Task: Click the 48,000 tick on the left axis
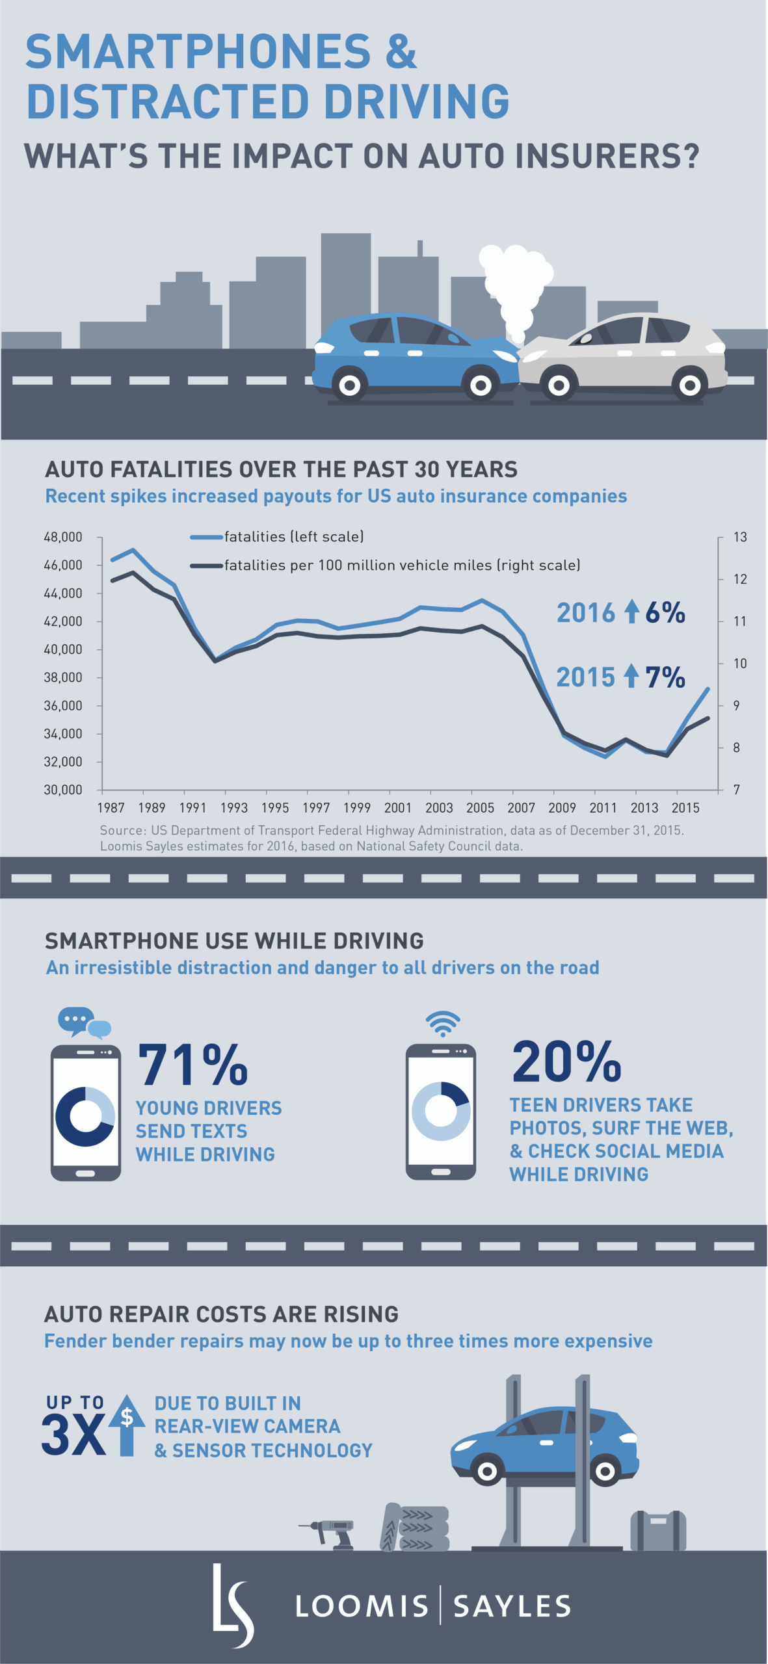(x=63, y=537)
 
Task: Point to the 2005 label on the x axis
(x=480, y=807)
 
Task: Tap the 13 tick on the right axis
(x=739, y=537)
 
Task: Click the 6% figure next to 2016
(x=665, y=612)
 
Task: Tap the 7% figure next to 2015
(x=665, y=677)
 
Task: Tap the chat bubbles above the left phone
(x=84, y=1022)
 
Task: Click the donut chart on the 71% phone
(x=85, y=1117)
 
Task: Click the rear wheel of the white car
(x=689, y=385)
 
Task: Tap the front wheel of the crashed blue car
(x=480, y=385)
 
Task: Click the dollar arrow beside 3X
(x=127, y=1424)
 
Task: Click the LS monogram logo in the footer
(x=232, y=1606)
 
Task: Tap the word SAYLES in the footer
(x=512, y=1607)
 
